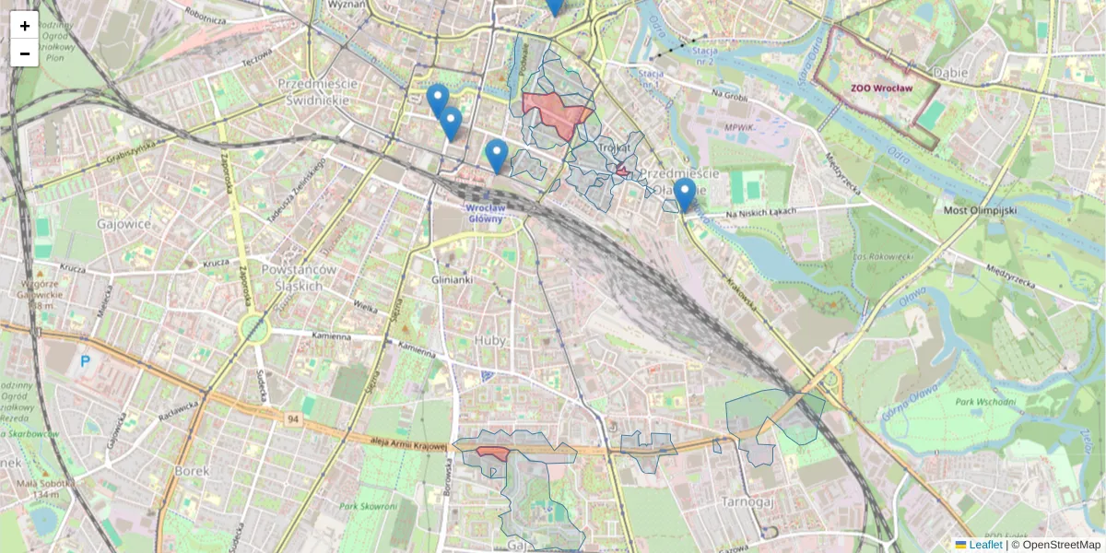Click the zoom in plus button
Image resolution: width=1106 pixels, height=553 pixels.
pyautogui.click(x=25, y=26)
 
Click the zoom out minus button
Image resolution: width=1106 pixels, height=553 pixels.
pyautogui.click(x=25, y=53)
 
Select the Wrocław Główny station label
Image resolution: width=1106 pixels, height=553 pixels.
pyautogui.click(x=485, y=213)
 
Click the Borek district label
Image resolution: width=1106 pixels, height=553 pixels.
pyautogui.click(x=192, y=470)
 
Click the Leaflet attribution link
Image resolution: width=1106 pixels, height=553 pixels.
pyautogui.click(x=985, y=545)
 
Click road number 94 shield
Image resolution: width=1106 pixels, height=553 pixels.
pyautogui.click(x=292, y=419)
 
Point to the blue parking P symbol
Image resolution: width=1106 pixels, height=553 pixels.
pyautogui.click(x=86, y=361)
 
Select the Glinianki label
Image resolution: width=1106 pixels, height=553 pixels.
pyautogui.click(x=452, y=279)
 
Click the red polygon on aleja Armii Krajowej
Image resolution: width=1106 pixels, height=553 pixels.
pyautogui.click(x=493, y=453)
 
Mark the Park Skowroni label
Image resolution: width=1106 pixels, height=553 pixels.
pyautogui.click(x=367, y=506)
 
